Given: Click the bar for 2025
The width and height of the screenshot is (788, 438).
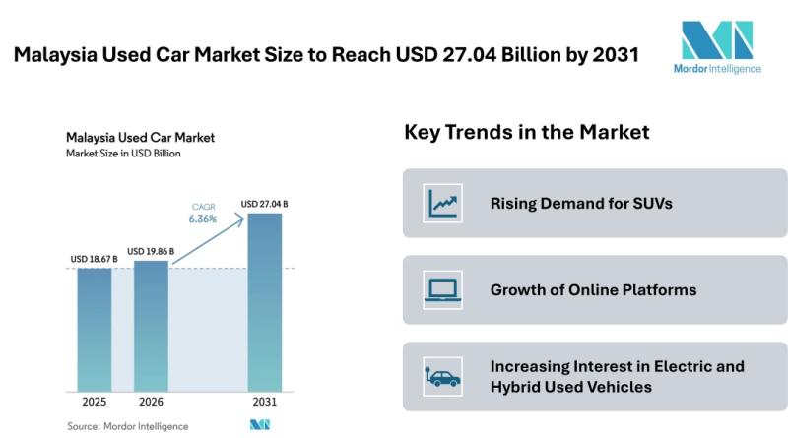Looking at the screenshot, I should (95, 330).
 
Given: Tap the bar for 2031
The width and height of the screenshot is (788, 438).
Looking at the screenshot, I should (263, 300).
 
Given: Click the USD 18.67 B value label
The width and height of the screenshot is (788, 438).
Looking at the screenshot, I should (94, 259).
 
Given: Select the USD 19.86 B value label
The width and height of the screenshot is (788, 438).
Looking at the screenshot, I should (151, 251).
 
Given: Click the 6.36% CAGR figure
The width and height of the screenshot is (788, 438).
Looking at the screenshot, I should (203, 219).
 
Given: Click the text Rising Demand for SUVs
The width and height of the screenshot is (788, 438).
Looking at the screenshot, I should (567, 204).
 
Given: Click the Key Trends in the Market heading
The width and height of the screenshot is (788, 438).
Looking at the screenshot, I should (526, 132).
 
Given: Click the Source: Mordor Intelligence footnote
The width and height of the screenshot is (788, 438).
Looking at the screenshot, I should (127, 426).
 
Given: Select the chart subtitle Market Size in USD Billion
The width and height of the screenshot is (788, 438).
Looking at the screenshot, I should (123, 154).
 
